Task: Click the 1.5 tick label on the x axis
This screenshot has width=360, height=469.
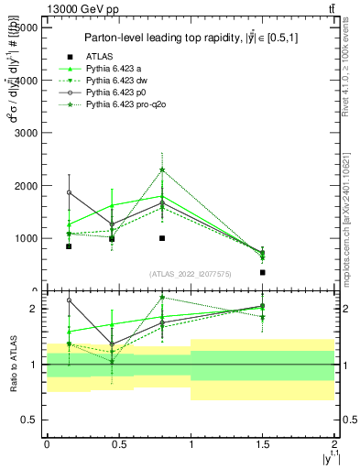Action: coord(263,444)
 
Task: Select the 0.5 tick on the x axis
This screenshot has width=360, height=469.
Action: coord(118,444)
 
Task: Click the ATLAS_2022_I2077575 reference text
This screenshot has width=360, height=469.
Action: coord(191,274)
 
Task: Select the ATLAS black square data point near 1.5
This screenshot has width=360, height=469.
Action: coord(263,272)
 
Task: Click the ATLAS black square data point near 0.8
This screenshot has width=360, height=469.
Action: coord(162,238)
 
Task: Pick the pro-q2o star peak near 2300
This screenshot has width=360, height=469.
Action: coord(162,169)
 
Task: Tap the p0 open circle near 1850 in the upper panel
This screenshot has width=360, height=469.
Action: coord(69,192)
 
